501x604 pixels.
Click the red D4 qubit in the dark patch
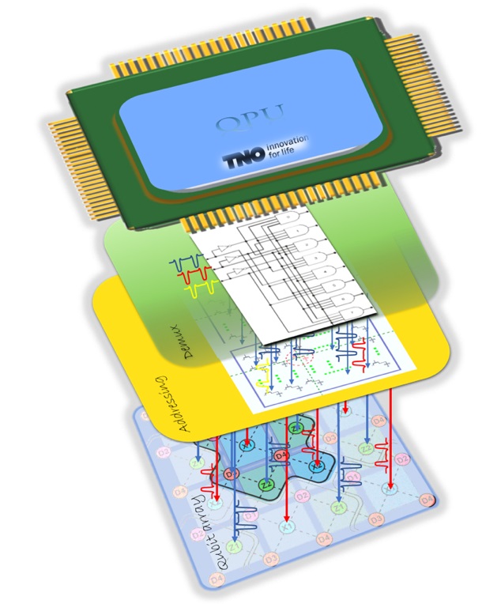pos(281,455)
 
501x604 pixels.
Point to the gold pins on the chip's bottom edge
pos(244,218)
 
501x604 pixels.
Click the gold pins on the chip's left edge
pos(72,142)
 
